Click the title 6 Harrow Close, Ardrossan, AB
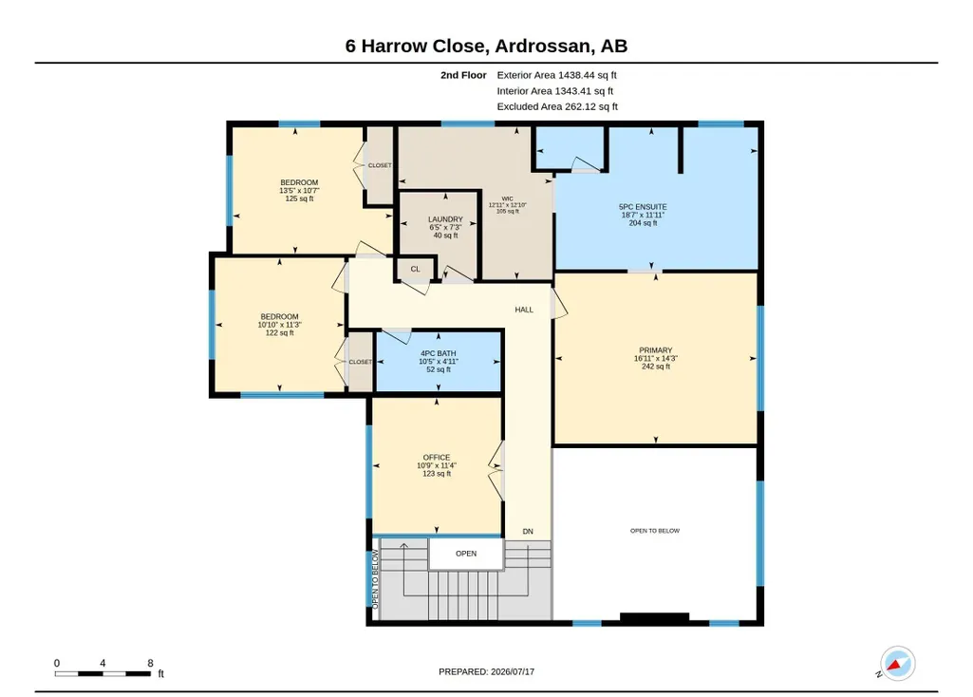(486, 46)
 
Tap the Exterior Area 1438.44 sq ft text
(556, 75)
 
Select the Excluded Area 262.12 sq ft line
(557, 106)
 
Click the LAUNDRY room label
(445, 219)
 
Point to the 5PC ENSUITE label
(643, 207)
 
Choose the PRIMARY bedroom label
(656, 350)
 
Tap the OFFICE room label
(437, 458)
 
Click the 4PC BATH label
(439, 353)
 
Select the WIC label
(508, 198)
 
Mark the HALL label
(524, 310)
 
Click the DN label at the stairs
(528, 531)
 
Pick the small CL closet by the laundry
(415, 269)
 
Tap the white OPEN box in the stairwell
(466, 554)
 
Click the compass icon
(897, 664)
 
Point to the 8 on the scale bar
(150, 663)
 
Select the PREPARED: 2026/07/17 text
(486, 671)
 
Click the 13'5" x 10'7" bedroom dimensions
(299, 191)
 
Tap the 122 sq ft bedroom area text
(280, 332)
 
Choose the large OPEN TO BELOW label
(655, 531)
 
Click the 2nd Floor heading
(463, 75)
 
